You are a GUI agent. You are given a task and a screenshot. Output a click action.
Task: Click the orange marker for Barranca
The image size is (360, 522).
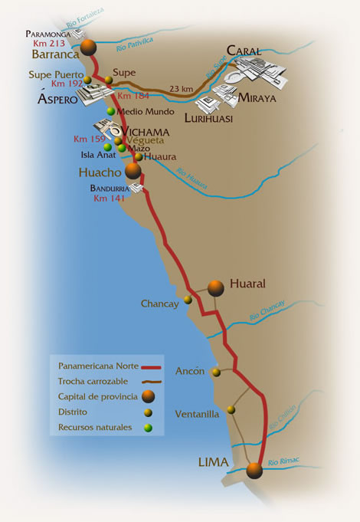tap(90, 48)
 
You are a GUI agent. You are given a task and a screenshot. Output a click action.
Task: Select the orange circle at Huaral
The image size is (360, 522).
tap(215, 287)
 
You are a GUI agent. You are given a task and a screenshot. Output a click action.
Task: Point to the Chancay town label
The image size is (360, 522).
tap(159, 304)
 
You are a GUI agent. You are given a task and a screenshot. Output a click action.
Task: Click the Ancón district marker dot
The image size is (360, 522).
tap(216, 373)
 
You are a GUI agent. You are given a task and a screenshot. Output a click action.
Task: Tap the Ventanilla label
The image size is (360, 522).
tap(197, 414)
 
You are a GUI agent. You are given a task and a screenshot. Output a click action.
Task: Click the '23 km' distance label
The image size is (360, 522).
tap(181, 89)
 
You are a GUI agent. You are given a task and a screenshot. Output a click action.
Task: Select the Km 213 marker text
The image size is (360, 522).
tap(48, 44)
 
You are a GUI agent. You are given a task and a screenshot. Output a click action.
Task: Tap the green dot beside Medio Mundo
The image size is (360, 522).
tap(111, 111)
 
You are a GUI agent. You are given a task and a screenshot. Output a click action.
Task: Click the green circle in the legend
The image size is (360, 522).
tap(147, 427)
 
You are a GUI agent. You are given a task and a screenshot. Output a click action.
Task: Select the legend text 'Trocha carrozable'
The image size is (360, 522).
tap(93, 380)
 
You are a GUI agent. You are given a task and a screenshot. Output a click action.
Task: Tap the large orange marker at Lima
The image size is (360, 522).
tap(254, 470)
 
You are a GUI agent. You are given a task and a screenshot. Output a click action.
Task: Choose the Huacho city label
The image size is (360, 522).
tap(100, 172)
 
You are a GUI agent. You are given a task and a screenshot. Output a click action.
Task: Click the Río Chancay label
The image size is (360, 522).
tap(267, 310)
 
